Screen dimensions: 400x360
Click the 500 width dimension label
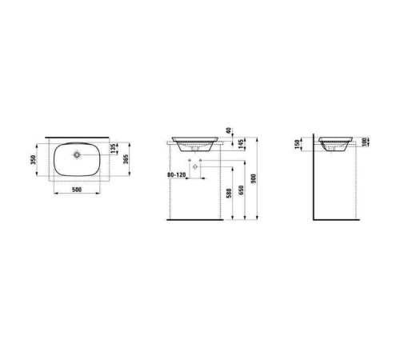click(77, 190)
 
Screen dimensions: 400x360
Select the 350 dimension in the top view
click(33, 159)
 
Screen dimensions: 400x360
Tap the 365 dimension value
click(126, 159)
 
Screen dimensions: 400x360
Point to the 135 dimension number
click(114, 149)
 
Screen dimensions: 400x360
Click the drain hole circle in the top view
click(77, 154)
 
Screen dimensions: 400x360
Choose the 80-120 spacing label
click(176, 175)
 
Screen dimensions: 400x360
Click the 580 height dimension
click(229, 194)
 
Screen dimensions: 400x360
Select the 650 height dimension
click(241, 190)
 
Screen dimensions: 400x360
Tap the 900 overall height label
click(254, 178)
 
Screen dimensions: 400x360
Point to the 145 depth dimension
click(241, 144)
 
